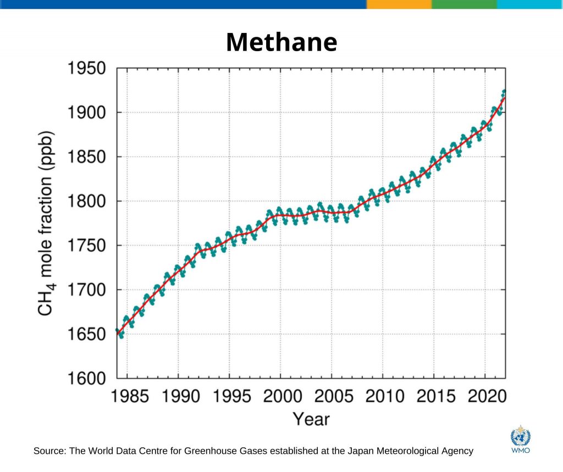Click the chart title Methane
[281, 42]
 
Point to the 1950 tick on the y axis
[87, 69]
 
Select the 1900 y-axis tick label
[87, 113]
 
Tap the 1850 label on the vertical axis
[87, 158]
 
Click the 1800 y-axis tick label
[87, 202]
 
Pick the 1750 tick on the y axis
[87, 246]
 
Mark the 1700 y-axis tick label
[87, 290]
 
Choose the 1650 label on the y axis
[87, 335]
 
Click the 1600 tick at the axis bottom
[87, 379]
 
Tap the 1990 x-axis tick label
[179, 396]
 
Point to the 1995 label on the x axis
[229, 396]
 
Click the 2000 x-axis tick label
[280, 396]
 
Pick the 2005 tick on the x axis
[332, 396]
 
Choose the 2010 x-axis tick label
[383, 396]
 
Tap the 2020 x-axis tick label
[484, 396]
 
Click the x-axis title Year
[311, 419]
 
